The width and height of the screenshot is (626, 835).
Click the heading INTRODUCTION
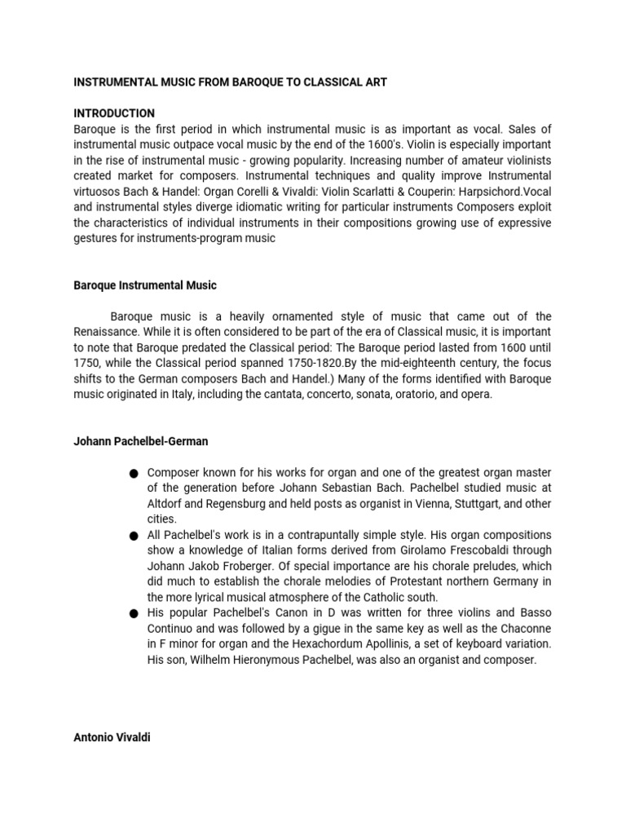114,113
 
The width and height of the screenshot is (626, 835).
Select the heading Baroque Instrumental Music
145,285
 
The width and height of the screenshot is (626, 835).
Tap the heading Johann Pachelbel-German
141,441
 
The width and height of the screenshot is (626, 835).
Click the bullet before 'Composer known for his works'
134,474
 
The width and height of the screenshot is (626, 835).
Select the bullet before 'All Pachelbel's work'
134,536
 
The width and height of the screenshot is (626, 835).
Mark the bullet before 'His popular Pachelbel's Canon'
134,613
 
